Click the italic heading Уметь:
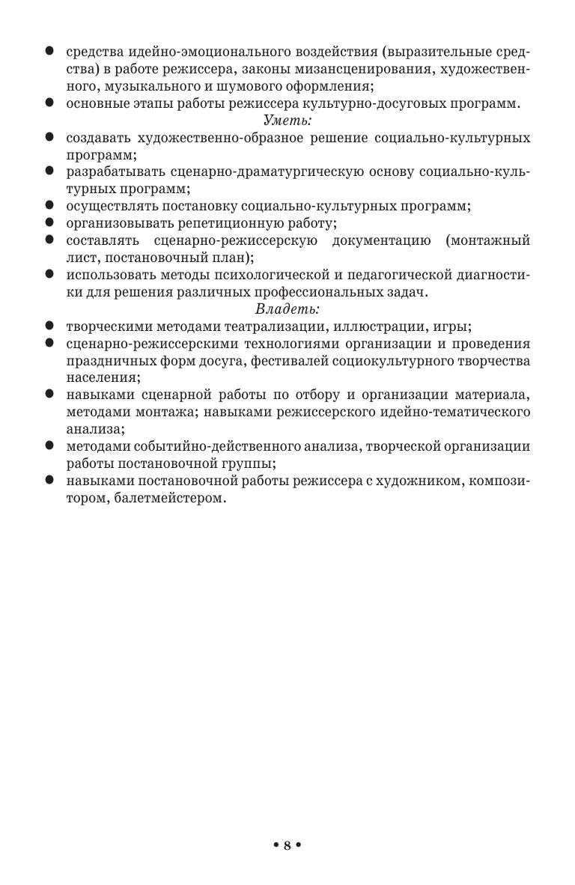click(287, 120)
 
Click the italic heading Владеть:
click(287, 308)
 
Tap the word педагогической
click(420, 275)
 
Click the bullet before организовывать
click(49, 222)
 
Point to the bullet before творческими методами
click(49, 326)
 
